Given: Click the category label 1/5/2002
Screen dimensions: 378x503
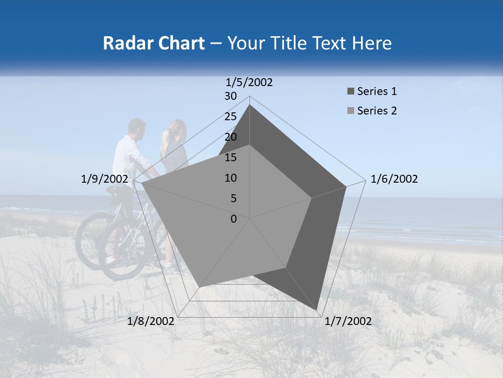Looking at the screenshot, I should (249, 82).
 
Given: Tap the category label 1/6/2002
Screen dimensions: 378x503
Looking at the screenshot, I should (394, 179).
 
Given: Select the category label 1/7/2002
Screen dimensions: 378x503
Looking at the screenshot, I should (348, 321).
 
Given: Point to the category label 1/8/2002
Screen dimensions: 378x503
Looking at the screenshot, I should (151, 321).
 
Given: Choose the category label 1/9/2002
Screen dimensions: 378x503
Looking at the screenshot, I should (105, 179).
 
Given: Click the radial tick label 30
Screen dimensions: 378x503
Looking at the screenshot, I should (231, 96).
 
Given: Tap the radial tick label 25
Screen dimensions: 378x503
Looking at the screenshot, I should (231, 117).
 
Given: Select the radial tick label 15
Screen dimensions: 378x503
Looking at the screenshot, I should (231, 157).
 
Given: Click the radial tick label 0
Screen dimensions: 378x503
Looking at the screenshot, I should (234, 219).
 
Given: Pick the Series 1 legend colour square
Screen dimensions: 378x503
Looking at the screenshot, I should (351, 92).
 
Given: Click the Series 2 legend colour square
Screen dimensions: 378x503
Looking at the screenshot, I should (351, 111).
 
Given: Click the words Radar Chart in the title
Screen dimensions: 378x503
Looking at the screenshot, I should (154, 43).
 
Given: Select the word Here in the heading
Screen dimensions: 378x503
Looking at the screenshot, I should (372, 43).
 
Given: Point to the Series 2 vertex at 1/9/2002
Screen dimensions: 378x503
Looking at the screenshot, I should (141, 183).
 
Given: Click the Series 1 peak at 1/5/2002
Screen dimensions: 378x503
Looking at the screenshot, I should (249, 105).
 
